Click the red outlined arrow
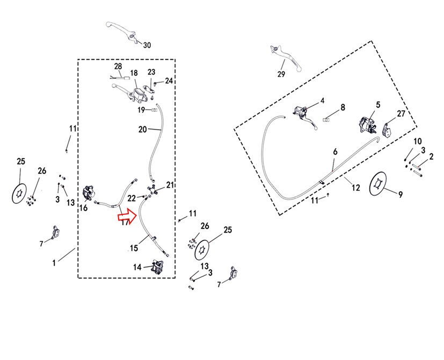click(127, 215)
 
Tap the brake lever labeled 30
click(122, 30)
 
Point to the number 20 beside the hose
click(143, 129)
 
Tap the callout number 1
click(54, 263)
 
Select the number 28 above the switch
click(118, 67)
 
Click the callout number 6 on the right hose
click(335, 153)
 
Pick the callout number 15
click(134, 248)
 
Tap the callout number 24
click(169, 81)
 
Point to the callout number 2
click(431, 156)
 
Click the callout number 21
click(170, 185)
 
